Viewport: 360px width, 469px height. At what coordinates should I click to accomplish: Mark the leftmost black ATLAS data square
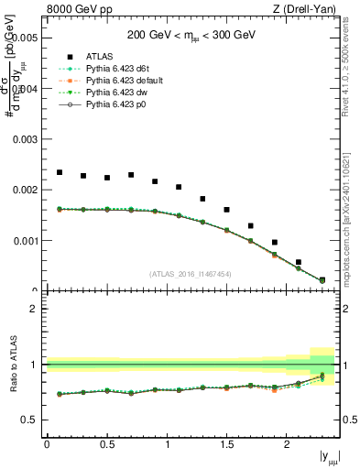(60, 172)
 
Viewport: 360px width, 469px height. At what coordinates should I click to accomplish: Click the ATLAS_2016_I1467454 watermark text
(190, 274)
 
